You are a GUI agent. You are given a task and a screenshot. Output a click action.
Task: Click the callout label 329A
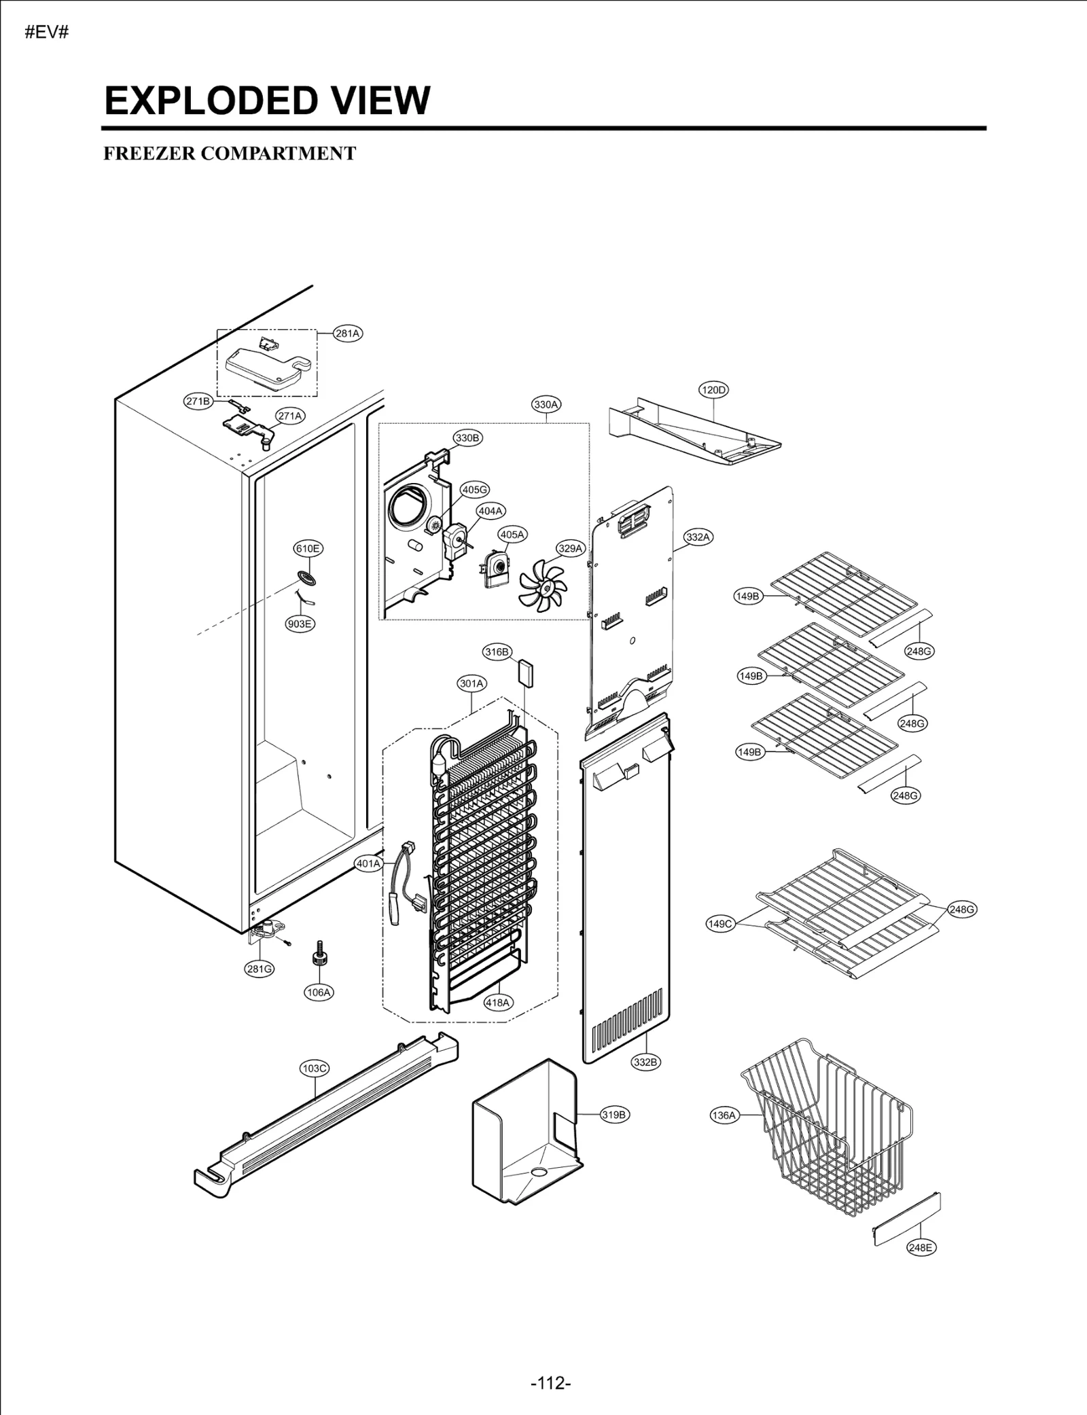click(571, 548)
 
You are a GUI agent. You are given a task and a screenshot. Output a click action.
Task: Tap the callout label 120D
click(713, 390)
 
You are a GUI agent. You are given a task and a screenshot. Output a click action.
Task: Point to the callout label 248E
click(921, 1247)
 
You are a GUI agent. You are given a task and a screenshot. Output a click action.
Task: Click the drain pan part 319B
click(527, 1131)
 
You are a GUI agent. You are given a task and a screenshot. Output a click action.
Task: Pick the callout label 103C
click(315, 1069)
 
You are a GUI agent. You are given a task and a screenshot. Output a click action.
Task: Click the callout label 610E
click(308, 548)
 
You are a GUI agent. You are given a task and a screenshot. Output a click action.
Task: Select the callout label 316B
click(497, 652)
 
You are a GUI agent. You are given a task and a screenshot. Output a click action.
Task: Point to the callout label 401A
click(369, 864)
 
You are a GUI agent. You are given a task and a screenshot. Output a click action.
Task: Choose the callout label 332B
click(645, 1062)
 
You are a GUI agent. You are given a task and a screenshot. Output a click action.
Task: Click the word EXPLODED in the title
click(210, 101)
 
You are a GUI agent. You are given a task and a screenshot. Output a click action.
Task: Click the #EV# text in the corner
click(47, 33)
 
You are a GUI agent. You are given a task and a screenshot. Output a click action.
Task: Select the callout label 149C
click(721, 924)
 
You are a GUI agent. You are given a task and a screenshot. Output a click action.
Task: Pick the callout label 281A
click(348, 334)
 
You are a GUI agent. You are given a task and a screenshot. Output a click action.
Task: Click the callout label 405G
click(475, 490)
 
